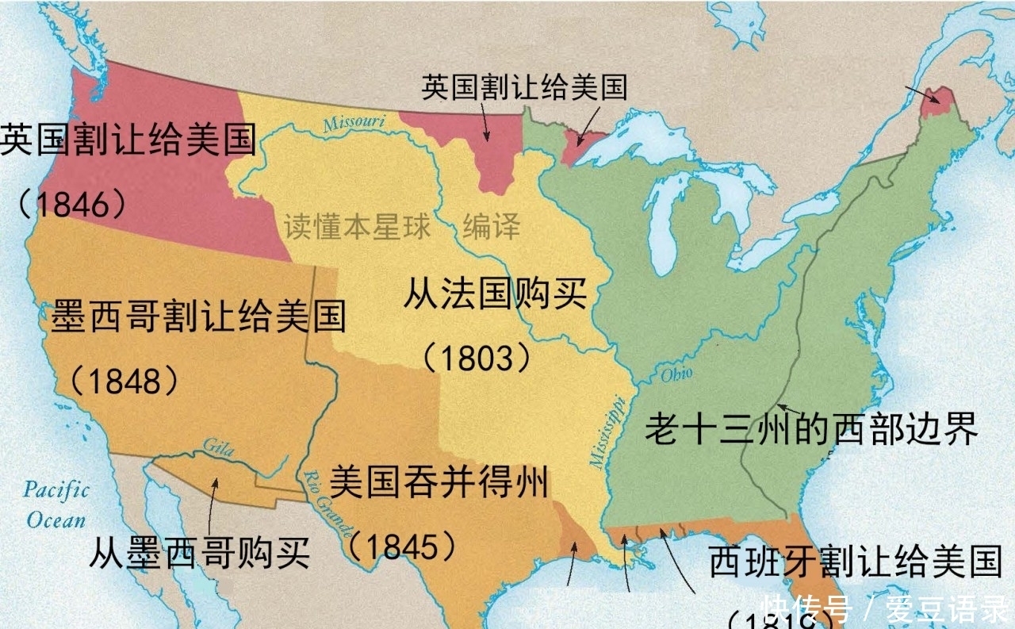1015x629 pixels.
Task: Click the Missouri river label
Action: (354, 123)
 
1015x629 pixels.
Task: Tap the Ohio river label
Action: (676, 373)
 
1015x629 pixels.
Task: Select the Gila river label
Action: (218, 448)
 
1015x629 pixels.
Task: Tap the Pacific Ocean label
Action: (56, 504)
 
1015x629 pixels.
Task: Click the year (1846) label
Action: (73, 205)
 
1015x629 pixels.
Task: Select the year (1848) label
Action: (125, 382)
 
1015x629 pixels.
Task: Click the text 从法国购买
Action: (496, 295)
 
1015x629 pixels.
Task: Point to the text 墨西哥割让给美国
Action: (198, 317)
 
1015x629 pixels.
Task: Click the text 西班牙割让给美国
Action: (855, 562)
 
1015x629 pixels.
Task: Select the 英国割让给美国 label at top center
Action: (524, 86)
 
